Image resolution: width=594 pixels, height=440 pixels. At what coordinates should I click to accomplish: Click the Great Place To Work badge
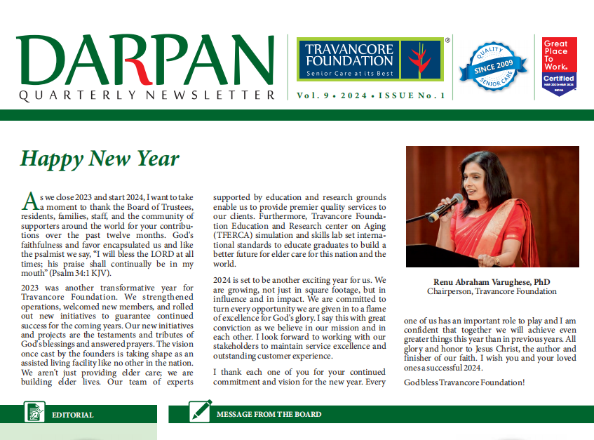[559, 66]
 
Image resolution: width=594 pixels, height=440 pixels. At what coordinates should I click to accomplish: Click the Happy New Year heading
[100, 159]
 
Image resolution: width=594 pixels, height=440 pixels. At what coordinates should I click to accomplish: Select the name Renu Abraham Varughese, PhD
[492, 281]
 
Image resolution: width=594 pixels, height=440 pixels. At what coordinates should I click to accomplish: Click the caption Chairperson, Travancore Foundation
[492, 291]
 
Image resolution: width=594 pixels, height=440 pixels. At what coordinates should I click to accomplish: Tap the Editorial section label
[72, 415]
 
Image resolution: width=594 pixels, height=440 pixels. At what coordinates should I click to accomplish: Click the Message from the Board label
[269, 415]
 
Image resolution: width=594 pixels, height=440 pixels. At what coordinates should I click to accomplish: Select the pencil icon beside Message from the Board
[201, 411]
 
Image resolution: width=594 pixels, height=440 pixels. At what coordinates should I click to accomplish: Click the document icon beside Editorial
[34, 411]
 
